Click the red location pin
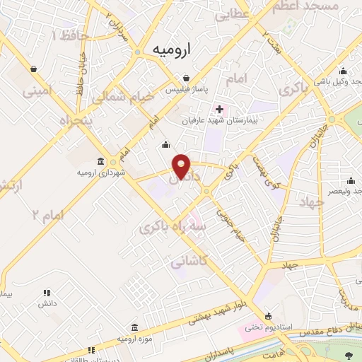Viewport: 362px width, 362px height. pos(182,165)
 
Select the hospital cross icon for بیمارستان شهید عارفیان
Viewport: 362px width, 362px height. pos(219,109)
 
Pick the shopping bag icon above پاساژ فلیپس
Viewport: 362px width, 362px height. pos(185,78)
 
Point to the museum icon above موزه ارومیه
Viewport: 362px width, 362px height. pos(134,327)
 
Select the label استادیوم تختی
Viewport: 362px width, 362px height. pos(267,327)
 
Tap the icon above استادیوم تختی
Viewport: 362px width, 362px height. pos(267,315)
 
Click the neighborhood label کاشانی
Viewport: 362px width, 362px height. pos(189,262)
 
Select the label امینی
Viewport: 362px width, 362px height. pos(37,90)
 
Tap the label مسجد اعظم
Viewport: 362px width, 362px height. pos(310,6)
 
